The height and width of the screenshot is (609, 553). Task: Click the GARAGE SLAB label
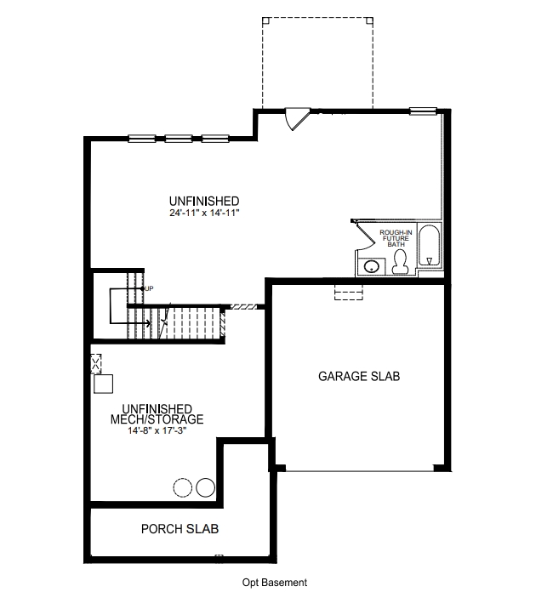click(x=358, y=375)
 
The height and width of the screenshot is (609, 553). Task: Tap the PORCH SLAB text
click(x=180, y=529)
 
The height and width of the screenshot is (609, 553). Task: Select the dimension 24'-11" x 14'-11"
click(x=204, y=213)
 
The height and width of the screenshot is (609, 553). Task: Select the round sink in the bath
click(x=372, y=267)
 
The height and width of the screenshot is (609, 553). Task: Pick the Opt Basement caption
click(x=274, y=583)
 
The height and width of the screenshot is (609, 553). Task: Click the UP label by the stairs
click(x=149, y=288)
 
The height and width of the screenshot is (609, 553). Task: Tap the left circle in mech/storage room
click(x=183, y=487)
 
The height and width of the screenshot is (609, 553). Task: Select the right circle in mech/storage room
click(x=205, y=487)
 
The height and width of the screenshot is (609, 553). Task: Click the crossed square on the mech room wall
click(x=96, y=362)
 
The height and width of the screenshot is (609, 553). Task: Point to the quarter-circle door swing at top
click(x=295, y=119)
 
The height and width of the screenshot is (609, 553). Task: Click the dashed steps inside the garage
click(x=349, y=293)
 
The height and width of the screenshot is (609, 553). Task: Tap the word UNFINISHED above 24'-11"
click(x=204, y=201)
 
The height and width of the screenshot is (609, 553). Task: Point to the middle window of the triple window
click(x=179, y=137)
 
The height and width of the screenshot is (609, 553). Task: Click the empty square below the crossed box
click(x=102, y=384)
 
